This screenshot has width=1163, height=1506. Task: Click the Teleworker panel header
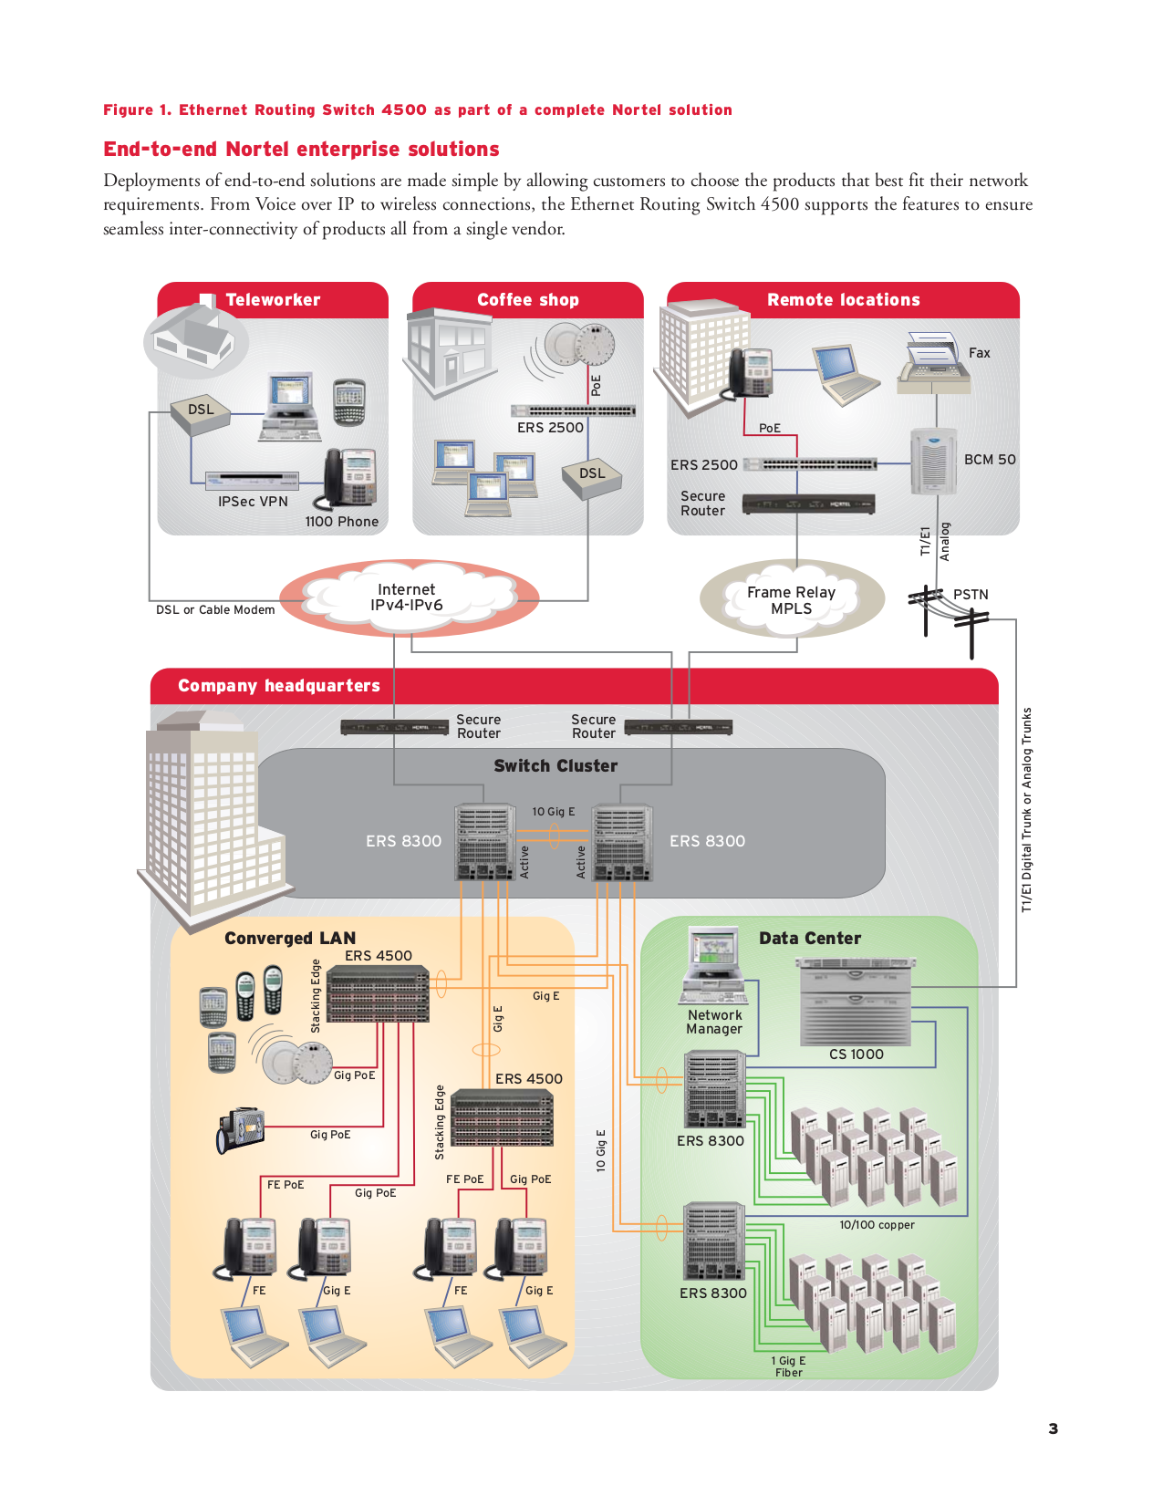point(273,300)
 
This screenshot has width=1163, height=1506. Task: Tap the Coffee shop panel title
point(527,300)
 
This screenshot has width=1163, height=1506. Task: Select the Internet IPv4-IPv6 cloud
point(407,597)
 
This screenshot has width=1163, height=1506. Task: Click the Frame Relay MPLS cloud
point(791,600)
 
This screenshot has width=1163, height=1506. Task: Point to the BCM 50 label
point(990,460)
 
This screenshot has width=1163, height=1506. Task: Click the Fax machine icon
point(932,364)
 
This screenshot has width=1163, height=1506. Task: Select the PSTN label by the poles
point(971,595)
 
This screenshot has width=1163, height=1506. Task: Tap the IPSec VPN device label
point(253,502)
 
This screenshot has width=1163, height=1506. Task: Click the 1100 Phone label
point(341,522)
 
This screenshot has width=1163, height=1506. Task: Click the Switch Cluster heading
point(556,766)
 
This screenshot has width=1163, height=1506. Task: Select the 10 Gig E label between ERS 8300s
point(554,812)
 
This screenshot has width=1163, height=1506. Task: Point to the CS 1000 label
point(856,1054)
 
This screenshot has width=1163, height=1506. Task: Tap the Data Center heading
point(810,939)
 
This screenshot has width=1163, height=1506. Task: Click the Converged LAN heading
point(290,939)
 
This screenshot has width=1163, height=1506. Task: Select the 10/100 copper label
point(877,1225)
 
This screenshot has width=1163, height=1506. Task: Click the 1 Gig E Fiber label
point(789,1366)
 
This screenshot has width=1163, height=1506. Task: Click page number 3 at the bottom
point(1054,1429)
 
